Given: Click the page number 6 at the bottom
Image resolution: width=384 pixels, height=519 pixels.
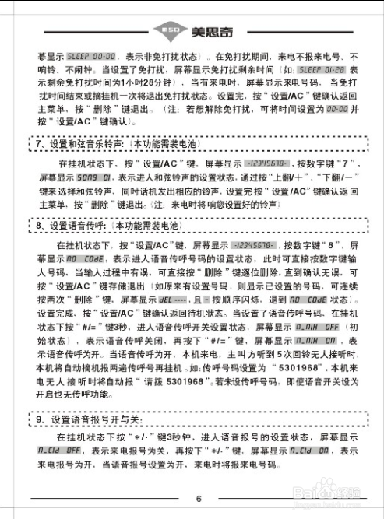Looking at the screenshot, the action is (x=199, y=499).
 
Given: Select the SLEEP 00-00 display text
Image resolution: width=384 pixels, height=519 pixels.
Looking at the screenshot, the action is (x=90, y=56).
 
